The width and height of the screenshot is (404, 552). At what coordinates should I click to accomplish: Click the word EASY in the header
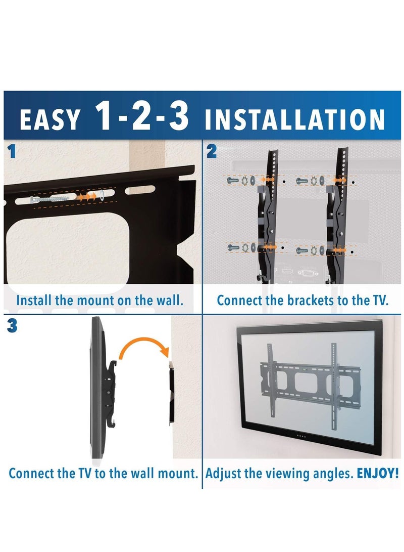point(49,120)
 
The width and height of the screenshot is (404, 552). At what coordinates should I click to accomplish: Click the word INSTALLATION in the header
point(295,120)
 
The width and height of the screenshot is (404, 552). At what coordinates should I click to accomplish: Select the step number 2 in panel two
point(212,151)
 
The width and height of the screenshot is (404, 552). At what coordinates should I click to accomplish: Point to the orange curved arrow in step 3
point(142,349)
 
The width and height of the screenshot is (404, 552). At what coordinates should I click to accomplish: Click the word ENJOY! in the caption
point(378,474)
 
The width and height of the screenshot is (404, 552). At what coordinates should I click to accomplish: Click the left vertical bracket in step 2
point(267,213)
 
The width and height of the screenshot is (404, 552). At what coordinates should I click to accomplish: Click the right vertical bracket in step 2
point(337,213)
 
